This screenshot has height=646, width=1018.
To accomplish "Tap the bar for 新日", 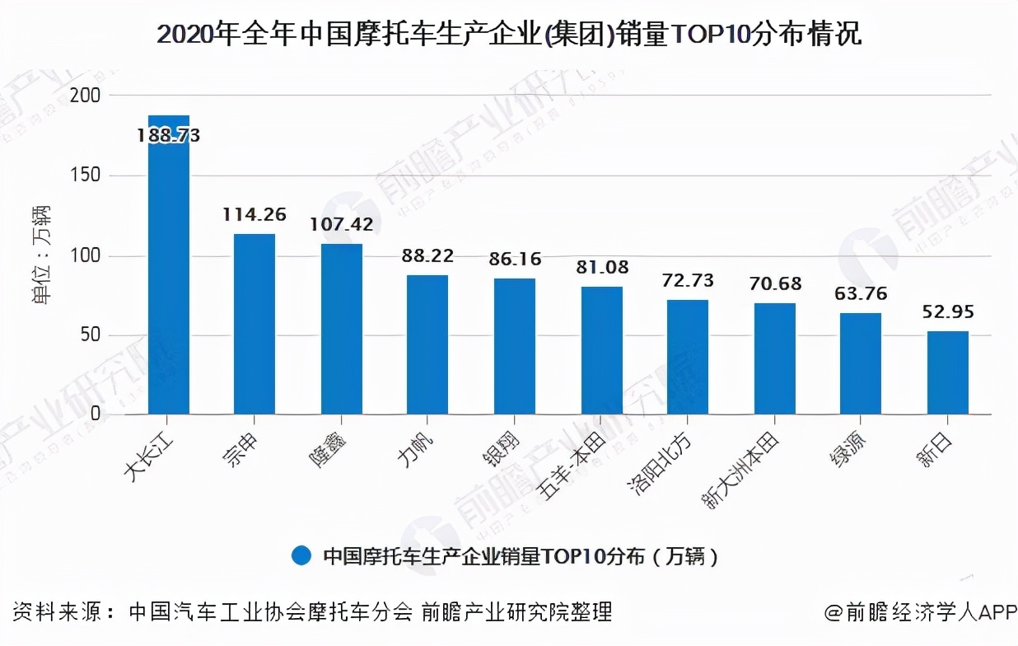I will tap(947, 372).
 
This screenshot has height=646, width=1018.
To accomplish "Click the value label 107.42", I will tap(341, 224).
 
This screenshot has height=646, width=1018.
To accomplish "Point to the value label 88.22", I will tap(427, 256).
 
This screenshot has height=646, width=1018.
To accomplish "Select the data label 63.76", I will tap(861, 294).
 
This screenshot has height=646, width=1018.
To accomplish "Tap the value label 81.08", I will tap(601, 267).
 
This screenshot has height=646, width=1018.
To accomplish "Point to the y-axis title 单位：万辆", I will tap(40, 255).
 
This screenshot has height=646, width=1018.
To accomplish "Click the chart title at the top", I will tap(508, 34).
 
